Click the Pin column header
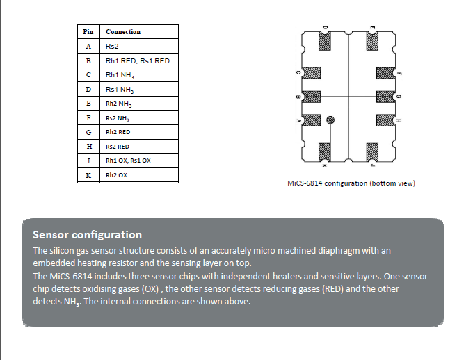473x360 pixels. click(x=88, y=32)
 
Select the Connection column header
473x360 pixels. click(x=123, y=32)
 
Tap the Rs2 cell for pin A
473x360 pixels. click(x=112, y=47)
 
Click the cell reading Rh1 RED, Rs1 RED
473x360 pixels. click(x=138, y=61)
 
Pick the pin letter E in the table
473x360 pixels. click(x=88, y=104)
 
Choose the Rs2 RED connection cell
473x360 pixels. click(x=118, y=147)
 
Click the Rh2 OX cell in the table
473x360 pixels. click(x=116, y=175)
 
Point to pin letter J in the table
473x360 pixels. click(x=88, y=161)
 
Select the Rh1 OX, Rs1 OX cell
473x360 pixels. click(x=127, y=161)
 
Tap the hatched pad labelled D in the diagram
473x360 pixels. click(x=325, y=43)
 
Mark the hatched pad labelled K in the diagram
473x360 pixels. click(x=325, y=151)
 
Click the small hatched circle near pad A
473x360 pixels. click(x=331, y=120)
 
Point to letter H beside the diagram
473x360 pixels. click(x=398, y=121)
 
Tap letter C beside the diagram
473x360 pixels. click(x=298, y=73)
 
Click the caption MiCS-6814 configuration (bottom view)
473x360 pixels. click(x=351, y=183)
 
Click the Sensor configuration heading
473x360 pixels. click(x=88, y=235)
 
